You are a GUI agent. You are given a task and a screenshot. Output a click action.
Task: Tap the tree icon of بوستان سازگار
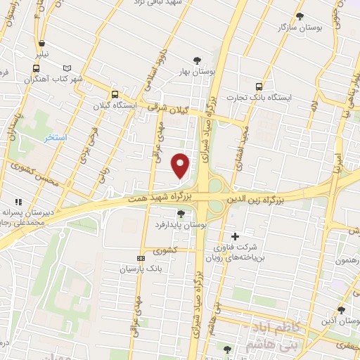(300, 16)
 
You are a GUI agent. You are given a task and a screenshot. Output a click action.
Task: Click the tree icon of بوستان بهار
(196, 60)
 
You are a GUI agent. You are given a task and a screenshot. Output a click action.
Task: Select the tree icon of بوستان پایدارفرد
(181, 213)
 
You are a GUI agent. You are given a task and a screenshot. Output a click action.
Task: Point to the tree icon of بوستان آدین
(341, 309)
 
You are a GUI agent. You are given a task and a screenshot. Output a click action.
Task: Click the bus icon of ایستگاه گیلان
(115, 94)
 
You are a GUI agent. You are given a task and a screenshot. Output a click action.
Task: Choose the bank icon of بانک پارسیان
(141, 258)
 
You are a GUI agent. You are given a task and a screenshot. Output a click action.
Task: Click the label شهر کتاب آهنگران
(55, 79)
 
